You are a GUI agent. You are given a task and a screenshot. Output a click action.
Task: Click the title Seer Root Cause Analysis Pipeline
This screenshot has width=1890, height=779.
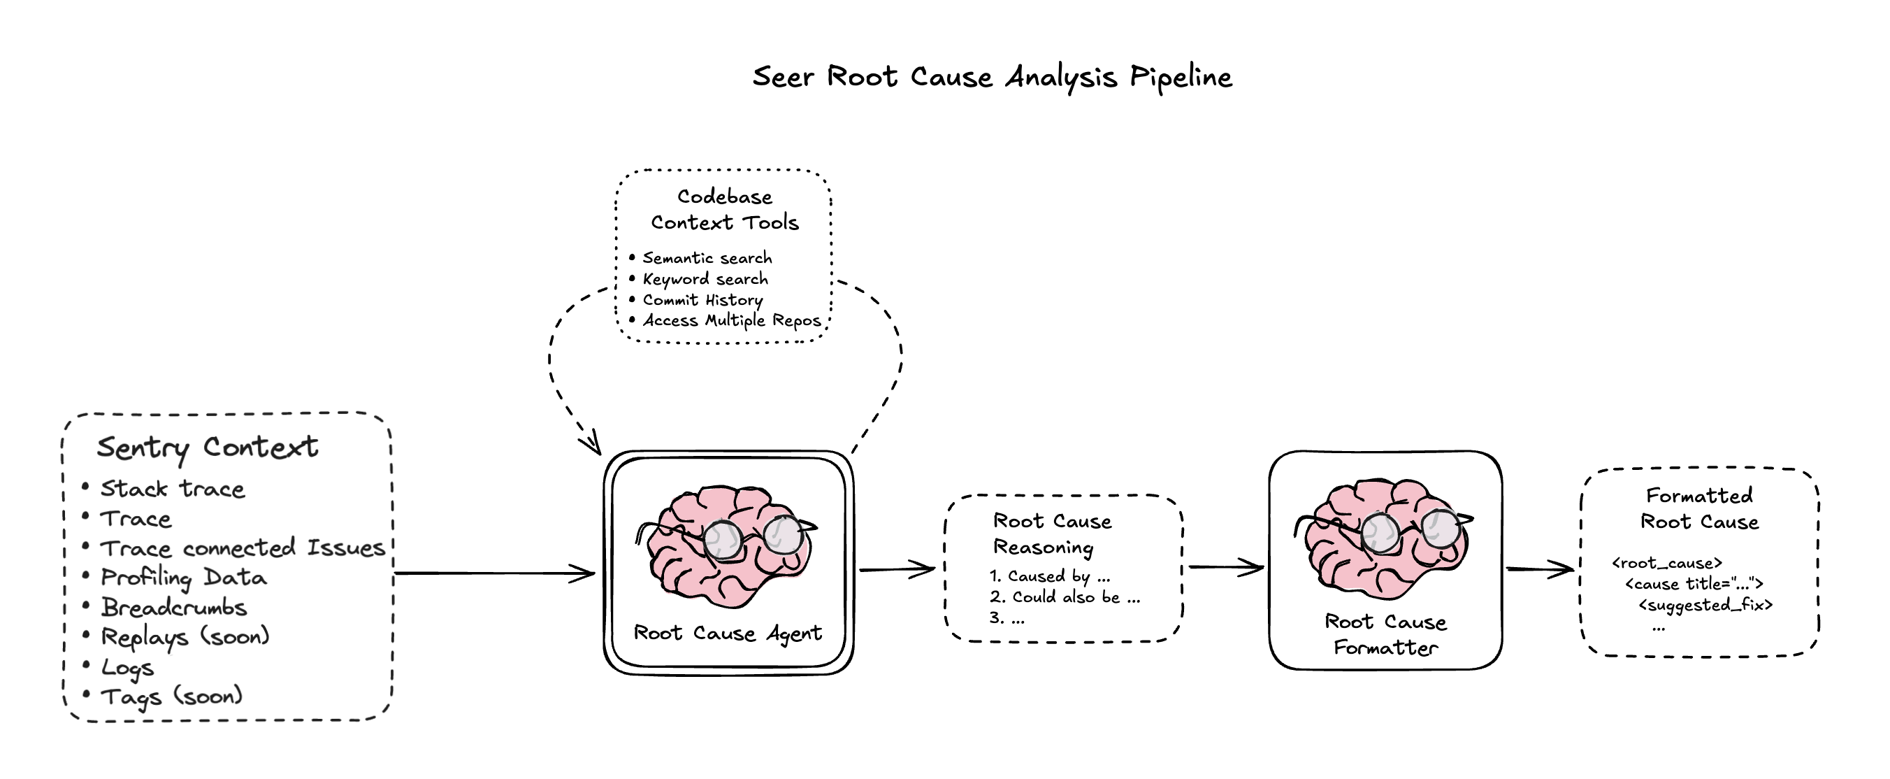pyautogui.click(x=992, y=77)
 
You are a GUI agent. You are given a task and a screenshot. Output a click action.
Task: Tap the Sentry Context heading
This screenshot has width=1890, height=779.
pyautogui.click(x=208, y=447)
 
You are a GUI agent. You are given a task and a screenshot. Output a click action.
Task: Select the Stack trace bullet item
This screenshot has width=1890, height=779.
pyautogui.click(x=173, y=489)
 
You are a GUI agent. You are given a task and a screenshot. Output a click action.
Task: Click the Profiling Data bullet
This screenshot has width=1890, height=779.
pyautogui.click(x=183, y=578)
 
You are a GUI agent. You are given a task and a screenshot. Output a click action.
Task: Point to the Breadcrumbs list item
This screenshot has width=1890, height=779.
pyautogui.click(x=174, y=607)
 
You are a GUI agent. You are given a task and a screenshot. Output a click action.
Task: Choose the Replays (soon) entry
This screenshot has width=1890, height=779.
pyautogui.click(x=185, y=636)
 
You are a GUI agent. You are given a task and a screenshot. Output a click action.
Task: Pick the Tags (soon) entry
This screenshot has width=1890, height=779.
pyautogui.click(x=172, y=696)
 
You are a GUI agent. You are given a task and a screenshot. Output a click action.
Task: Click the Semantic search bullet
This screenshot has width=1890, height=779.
pyautogui.click(x=707, y=258)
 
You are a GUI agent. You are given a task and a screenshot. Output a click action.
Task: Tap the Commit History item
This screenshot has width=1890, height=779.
pyautogui.click(x=703, y=299)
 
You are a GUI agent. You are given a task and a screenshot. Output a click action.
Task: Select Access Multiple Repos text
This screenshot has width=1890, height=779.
pyautogui.click(x=733, y=321)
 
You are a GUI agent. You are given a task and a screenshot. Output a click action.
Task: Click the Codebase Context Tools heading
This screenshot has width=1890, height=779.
pyautogui.click(x=725, y=209)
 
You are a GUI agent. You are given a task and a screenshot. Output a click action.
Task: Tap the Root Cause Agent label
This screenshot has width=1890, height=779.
pyautogui.click(x=728, y=633)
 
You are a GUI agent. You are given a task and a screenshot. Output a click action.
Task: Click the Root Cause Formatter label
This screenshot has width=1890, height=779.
pyautogui.click(x=1385, y=634)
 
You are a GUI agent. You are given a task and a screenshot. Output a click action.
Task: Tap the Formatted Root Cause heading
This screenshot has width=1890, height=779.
pyautogui.click(x=1699, y=509)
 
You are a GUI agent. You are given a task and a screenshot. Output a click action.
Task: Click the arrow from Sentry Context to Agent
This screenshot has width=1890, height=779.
pyautogui.click(x=496, y=573)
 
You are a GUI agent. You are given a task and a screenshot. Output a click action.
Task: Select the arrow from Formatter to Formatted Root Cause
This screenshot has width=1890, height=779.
pyautogui.click(x=1539, y=569)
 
